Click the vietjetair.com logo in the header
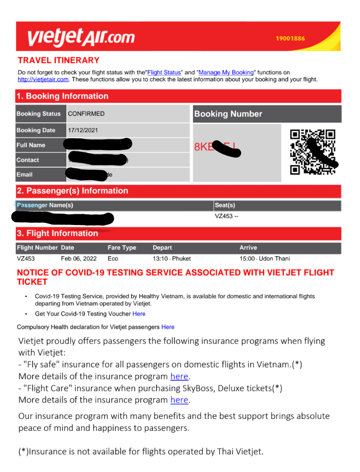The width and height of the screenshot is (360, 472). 81,37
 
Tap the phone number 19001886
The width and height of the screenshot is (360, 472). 290,38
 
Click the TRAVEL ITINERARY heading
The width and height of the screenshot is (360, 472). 59,60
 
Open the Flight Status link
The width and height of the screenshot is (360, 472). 164,72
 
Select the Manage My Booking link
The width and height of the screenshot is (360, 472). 226,72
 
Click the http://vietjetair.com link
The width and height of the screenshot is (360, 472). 43,79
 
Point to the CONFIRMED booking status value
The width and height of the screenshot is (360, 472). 86,114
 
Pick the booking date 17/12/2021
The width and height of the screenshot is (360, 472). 83,130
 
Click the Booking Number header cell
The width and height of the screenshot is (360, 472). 228,114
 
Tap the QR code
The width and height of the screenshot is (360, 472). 313,152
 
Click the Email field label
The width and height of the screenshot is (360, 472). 24,175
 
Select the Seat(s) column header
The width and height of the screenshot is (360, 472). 225,205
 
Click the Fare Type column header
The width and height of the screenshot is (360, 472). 122,248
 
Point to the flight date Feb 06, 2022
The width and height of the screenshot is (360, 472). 79,259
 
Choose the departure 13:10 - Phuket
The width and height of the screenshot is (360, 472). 171,259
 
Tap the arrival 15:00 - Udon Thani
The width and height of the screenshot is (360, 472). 265,259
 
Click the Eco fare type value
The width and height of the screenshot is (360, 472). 113,259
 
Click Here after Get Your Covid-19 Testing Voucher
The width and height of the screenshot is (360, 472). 139,314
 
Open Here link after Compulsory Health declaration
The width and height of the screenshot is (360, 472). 168,327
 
